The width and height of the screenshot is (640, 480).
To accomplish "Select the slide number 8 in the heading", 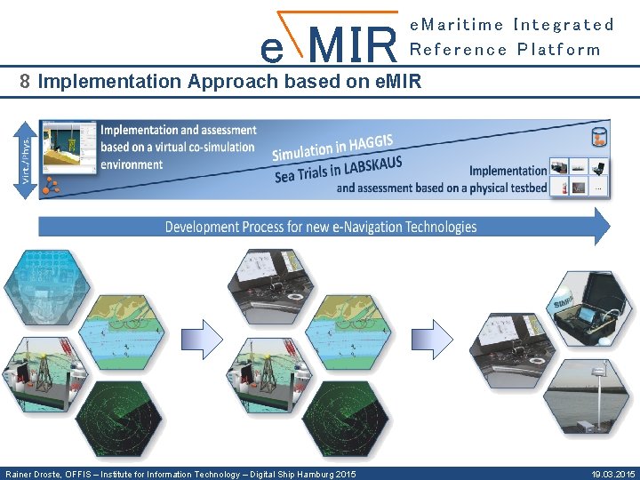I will click(x=25, y=82).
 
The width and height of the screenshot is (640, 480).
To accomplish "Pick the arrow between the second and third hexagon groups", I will click(x=434, y=339).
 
